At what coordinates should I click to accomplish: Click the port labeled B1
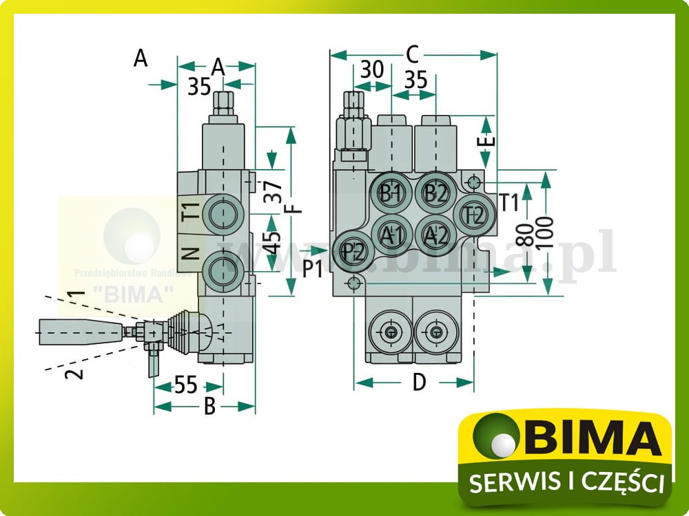(391, 192)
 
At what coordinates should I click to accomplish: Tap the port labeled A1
(391, 235)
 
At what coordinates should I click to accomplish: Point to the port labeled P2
(353, 250)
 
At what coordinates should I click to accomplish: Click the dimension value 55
(187, 385)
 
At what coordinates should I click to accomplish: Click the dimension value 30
(372, 69)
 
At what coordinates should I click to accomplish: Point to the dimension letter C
(413, 54)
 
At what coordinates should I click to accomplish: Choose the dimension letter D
(419, 382)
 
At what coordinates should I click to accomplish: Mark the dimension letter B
(209, 407)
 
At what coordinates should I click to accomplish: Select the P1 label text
(313, 269)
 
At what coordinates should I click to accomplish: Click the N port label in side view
(190, 255)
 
